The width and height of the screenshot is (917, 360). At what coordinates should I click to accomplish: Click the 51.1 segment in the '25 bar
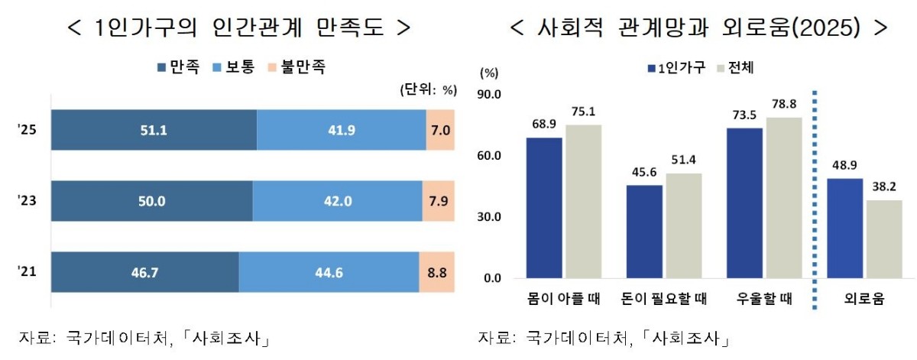(x=154, y=130)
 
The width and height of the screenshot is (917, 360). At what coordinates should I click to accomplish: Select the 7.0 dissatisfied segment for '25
(x=440, y=130)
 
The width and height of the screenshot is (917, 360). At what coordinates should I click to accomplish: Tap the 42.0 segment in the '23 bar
(x=337, y=201)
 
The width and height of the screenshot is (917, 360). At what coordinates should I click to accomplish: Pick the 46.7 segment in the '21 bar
(x=145, y=271)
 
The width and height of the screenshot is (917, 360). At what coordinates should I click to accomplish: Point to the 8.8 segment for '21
(x=437, y=271)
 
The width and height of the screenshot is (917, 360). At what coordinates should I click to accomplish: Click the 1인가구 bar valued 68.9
(x=544, y=208)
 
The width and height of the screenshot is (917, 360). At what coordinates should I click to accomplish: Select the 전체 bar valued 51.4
(x=683, y=225)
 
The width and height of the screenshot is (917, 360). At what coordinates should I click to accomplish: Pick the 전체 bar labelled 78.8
(x=784, y=198)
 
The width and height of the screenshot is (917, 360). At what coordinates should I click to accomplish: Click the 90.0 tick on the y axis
(x=488, y=95)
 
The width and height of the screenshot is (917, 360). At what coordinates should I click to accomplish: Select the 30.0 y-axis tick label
(x=488, y=217)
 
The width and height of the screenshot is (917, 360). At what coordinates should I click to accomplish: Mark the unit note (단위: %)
(x=428, y=90)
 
